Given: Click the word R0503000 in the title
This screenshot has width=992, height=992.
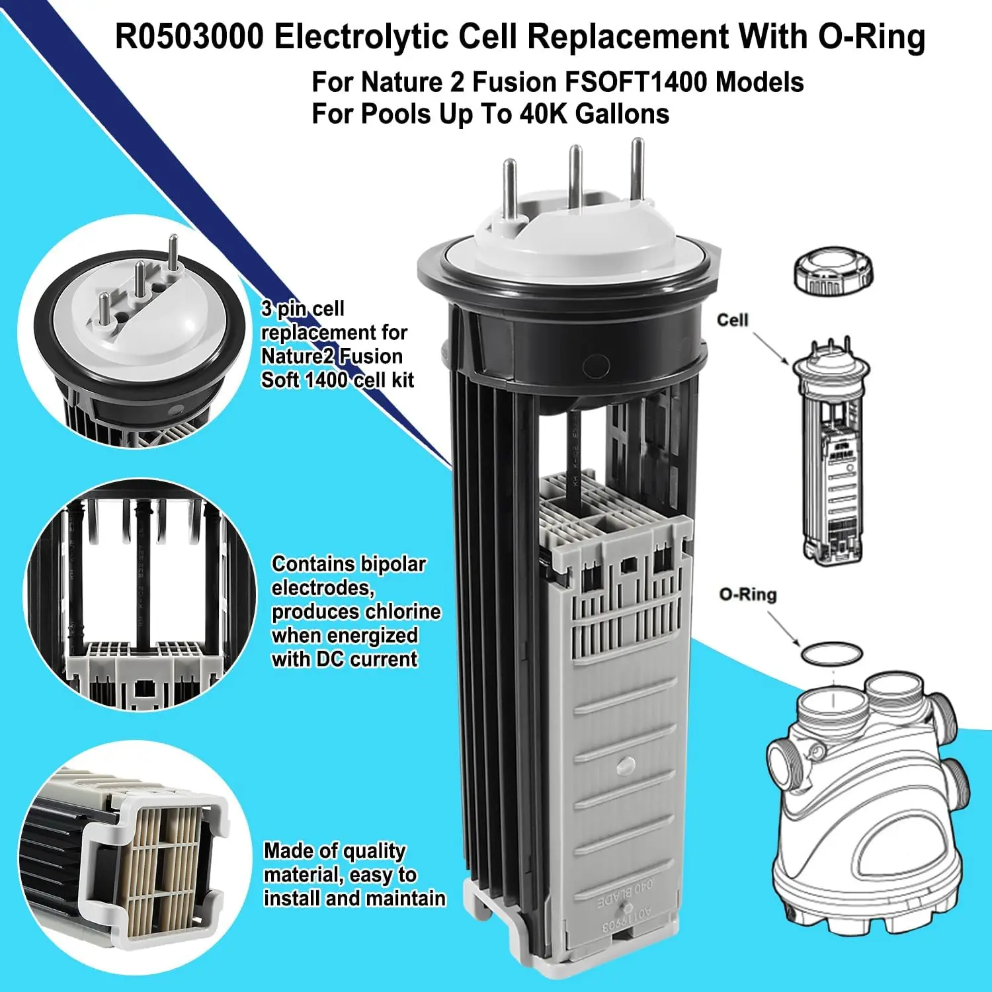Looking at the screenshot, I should (x=189, y=37).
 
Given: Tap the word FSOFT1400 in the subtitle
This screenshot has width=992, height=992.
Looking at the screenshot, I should (x=636, y=83).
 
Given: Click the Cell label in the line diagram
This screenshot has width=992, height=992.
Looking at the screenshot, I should (x=732, y=320).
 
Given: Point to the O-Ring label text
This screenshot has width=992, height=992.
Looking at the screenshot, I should (x=748, y=595).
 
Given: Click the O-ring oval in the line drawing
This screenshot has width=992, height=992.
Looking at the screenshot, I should (x=831, y=653).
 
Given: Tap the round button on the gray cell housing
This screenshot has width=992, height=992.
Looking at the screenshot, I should (x=623, y=766).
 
